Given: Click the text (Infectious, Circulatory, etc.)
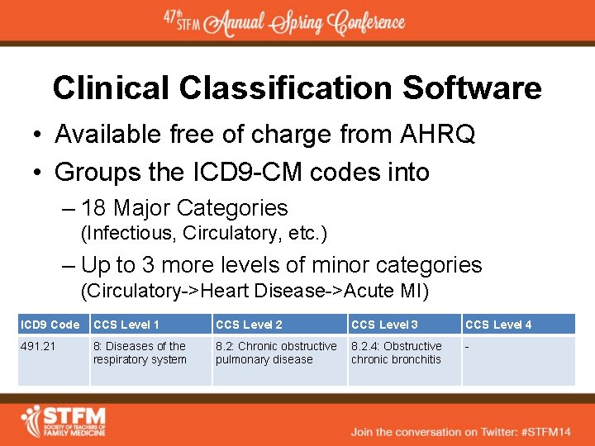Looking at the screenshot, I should click(x=203, y=234).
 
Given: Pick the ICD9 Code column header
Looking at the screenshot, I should click(x=50, y=325).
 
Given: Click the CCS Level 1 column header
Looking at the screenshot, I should click(x=126, y=325).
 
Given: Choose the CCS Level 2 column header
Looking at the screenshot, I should click(x=249, y=325).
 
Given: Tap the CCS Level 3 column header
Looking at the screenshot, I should click(x=384, y=325).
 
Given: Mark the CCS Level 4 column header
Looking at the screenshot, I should click(x=498, y=325).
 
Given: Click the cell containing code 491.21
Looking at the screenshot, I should click(x=38, y=346).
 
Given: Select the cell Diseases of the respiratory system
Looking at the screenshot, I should click(x=140, y=353).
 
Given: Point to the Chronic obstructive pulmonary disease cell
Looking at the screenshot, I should click(x=276, y=353).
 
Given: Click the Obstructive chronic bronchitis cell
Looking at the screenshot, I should click(x=397, y=353).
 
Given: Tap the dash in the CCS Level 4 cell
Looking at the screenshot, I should click(x=468, y=346).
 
